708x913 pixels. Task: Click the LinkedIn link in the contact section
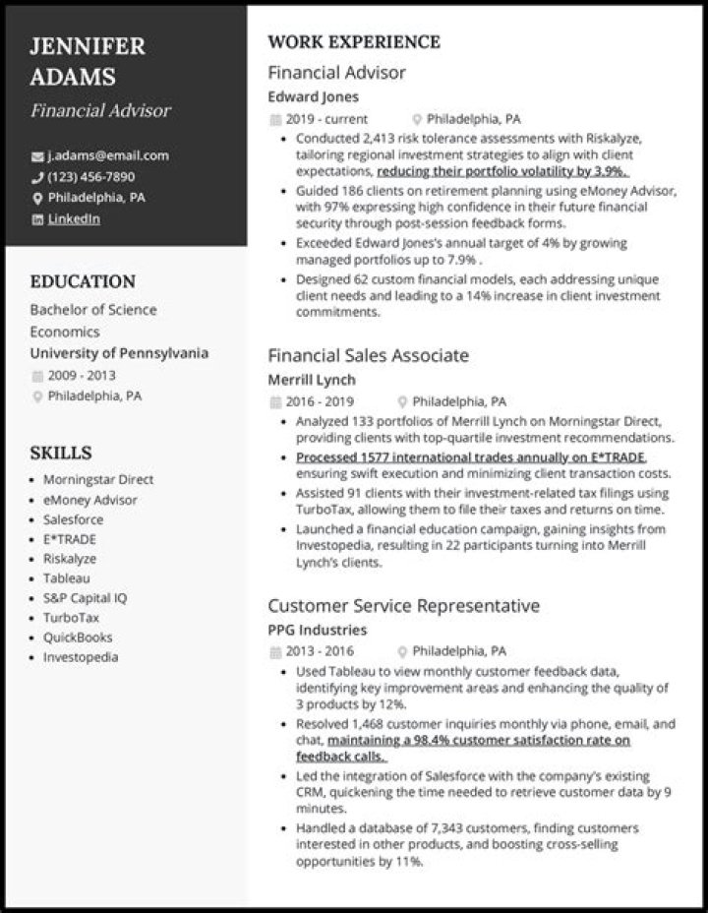coord(74,219)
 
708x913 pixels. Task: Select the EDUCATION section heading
coord(83,281)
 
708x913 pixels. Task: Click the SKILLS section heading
coord(60,453)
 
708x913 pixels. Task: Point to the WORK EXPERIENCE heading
coord(354,42)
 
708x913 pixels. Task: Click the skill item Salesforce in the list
coord(73,519)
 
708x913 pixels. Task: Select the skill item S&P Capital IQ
coord(86,598)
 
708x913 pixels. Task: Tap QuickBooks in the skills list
coord(78,638)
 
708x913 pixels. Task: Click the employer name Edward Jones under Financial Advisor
coord(313,97)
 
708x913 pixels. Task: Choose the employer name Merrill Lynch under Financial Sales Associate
coord(312,380)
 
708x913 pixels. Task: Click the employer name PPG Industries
coord(317,630)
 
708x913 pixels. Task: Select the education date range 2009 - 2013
coord(81,375)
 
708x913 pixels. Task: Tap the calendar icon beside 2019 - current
coord(274,120)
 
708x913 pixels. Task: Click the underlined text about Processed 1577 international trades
coord(470,457)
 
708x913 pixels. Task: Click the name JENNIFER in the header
coord(88,46)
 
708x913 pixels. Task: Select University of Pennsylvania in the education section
coord(119,353)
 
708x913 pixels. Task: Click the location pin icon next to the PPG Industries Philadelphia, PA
coord(402,652)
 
